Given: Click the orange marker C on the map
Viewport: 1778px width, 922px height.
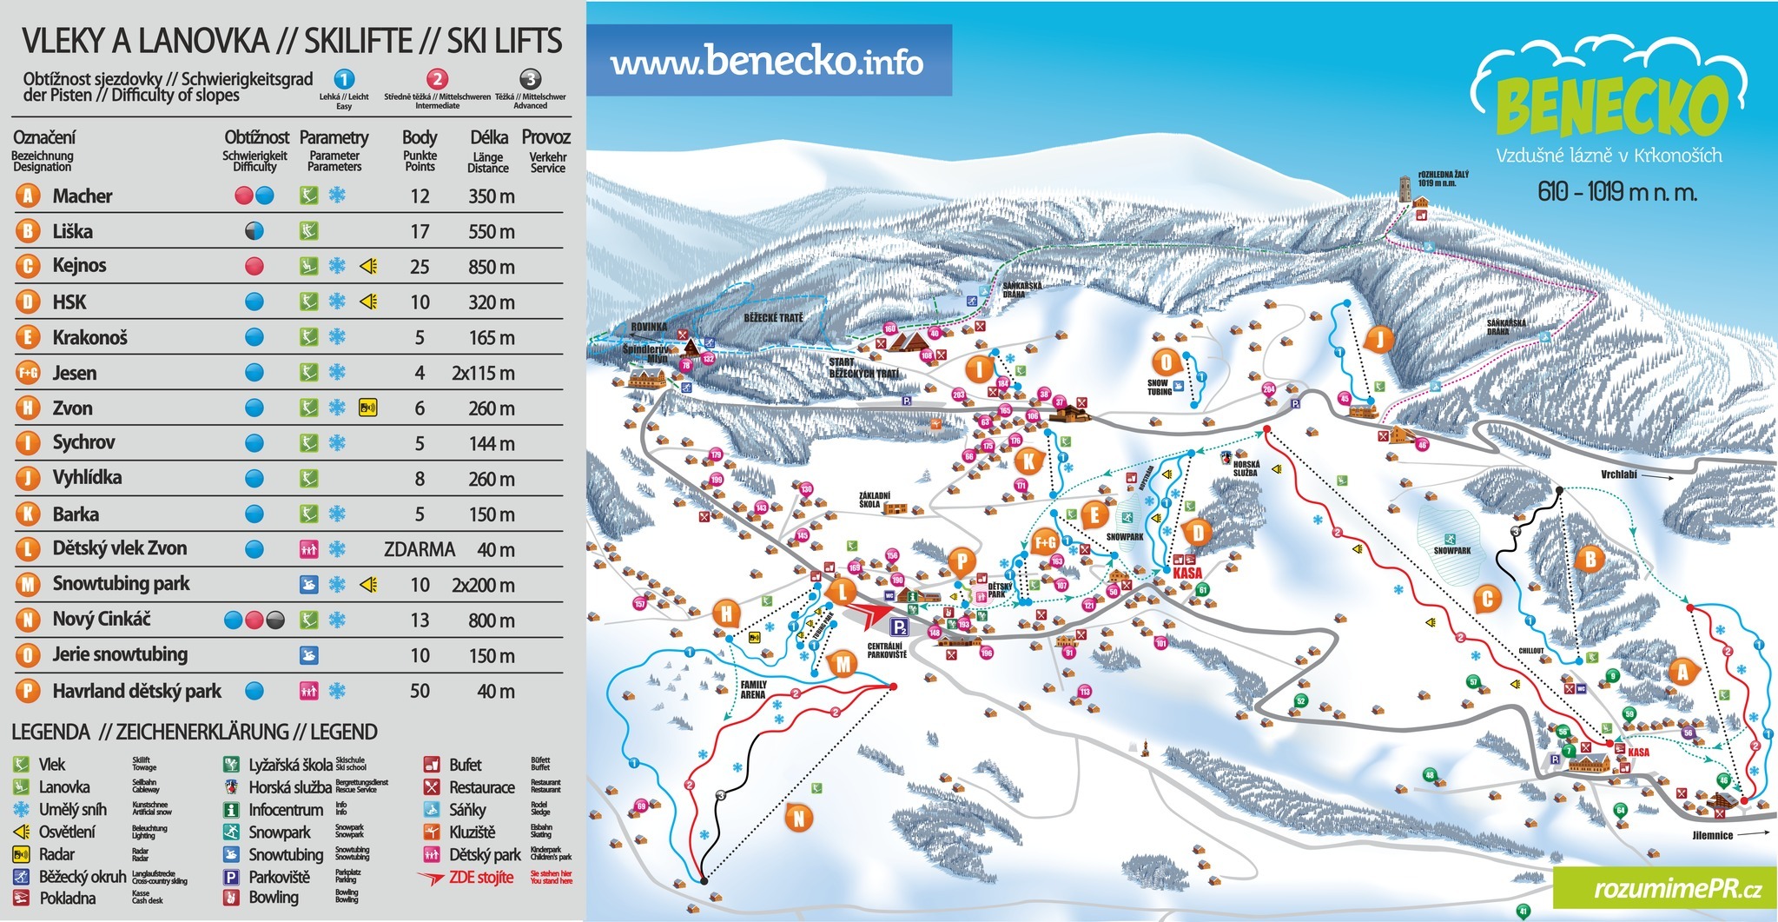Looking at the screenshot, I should [x=1487, y=598].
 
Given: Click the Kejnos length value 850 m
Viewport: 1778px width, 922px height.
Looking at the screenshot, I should [x=492, y=267].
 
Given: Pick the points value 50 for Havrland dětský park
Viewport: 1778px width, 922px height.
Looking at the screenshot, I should [x=420, y=692].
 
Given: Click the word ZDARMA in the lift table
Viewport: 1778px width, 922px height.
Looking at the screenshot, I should [x=419, y=549].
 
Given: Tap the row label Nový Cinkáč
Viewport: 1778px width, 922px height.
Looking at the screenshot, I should [x=101, y=620].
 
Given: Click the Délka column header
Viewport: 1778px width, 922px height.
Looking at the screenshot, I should [x=488, y=138].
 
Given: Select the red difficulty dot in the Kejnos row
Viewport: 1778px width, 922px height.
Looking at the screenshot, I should [x=254, y=266].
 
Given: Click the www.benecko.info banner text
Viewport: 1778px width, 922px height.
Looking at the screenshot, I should [x=766, y=62].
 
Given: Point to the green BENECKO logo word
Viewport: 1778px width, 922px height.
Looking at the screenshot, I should [x=1611, y=106].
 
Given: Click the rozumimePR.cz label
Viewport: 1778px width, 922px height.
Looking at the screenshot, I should [x=1665, y=889].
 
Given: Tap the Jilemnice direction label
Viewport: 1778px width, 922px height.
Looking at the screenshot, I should [x=1712, y=835].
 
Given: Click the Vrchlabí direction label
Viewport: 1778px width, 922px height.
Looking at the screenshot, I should [x=1619, y=474].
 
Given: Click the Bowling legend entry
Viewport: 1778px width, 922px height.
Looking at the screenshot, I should [x=273, y=898].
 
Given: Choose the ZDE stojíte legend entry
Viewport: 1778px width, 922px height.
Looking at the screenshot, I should [x=480, y=878].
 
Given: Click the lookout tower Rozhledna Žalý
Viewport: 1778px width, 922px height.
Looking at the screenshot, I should [x=1405, y=189].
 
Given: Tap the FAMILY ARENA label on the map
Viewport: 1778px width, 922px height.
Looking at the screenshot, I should [x=753, y=690].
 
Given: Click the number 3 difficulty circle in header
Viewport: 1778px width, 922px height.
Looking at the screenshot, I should [x=530, y=79].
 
